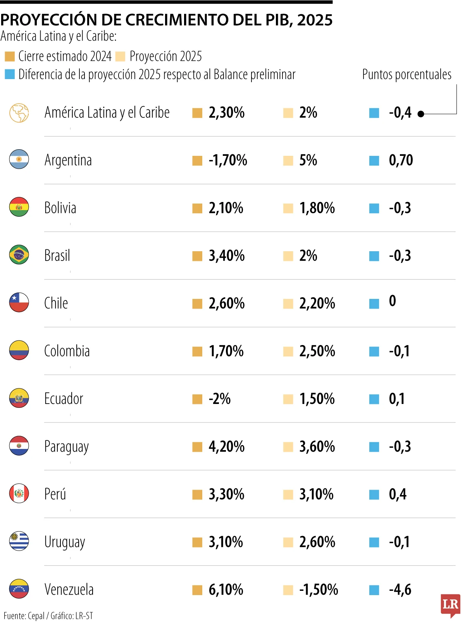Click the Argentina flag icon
tap(19, 159)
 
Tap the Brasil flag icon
tap(19, 255)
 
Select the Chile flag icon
tap(19, 302)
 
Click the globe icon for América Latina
tap(19, 113)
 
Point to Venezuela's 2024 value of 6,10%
tap(226, 590)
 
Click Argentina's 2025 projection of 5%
tap(308, 160)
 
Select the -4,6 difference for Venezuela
tap(400, 590)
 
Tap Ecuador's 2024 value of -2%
tap(220, 399)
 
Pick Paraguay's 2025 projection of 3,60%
tap(317, 447)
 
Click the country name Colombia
tap(67, 351)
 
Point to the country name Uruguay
tap(65, 542)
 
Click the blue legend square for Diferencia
tap(10, 74)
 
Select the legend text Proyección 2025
tap(165, 56)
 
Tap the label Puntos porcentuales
tap(406, 74)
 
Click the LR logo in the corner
tap(450, 605)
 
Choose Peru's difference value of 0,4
tap(398, 494)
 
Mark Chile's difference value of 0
tap(393, 301)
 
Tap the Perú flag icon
tap(19, 494)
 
